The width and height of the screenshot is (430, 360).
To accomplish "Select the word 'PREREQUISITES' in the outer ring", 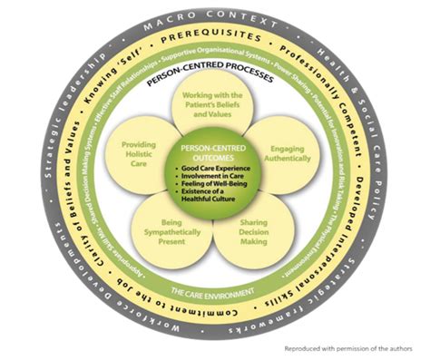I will coord(215,39).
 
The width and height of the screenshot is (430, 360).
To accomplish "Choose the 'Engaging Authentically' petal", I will coord(275,149).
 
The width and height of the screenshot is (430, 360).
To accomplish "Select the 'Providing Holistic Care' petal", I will coord(154,150).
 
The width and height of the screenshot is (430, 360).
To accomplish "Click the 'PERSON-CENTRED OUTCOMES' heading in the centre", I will coord(215,153).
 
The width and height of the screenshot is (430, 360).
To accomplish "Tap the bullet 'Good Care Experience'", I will coord(217,169).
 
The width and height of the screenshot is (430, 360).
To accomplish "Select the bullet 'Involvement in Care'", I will coord(215,178).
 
